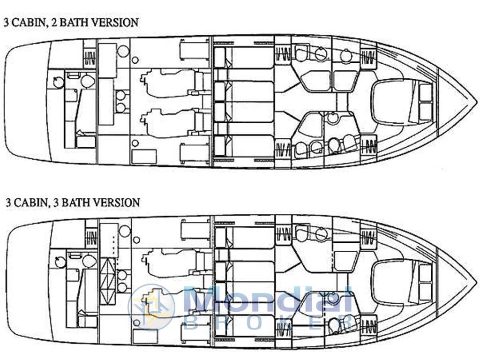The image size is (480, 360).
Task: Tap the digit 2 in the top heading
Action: click(x=54, y=22)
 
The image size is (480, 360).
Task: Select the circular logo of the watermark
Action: click(x=151, y=307)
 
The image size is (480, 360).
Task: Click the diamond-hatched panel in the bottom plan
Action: click(x=108, y=282)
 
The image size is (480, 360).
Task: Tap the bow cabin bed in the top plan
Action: click(x=402, y=102)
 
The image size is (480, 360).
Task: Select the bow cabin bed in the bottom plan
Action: click(x=402, y=282)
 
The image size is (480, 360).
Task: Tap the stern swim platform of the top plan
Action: click(x=28, y=101)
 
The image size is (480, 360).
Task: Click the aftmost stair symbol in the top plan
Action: click(x=90, y=58)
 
